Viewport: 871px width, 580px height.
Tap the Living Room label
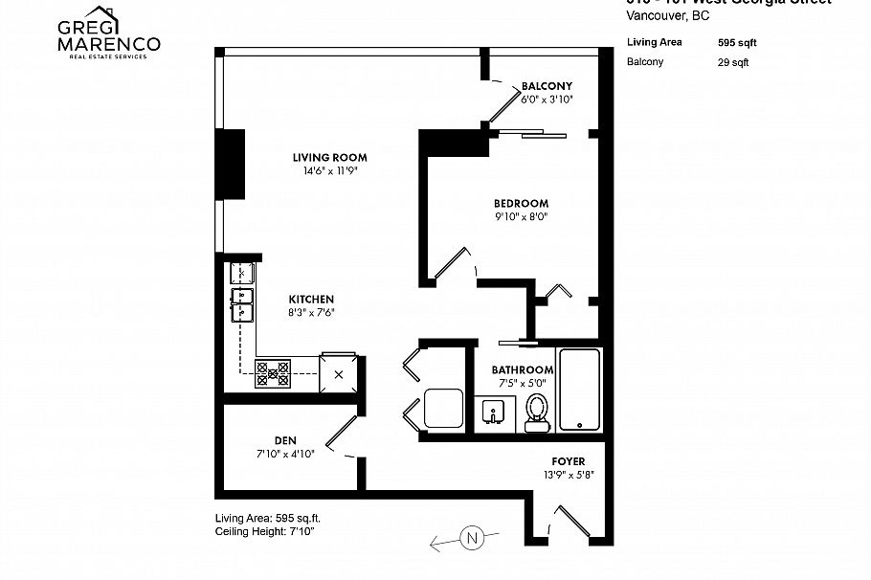(329, 158)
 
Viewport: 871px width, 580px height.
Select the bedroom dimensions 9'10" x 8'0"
(521, 217)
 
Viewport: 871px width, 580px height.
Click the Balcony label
(547, 85)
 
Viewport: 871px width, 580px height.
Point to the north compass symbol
(470, 538)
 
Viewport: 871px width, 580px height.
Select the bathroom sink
(495, 413)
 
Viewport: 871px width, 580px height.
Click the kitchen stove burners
(272, 372)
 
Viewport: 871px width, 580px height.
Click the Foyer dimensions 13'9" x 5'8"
(568, 475)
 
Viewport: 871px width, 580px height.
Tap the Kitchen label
(311, 299)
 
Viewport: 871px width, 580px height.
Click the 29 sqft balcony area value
(733, 62)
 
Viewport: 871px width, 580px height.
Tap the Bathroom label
(523, 370)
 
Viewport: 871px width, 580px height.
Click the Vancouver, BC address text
(667, 14)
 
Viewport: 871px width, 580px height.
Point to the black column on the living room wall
(230, 164)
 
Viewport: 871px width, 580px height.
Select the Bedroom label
(521, 203)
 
